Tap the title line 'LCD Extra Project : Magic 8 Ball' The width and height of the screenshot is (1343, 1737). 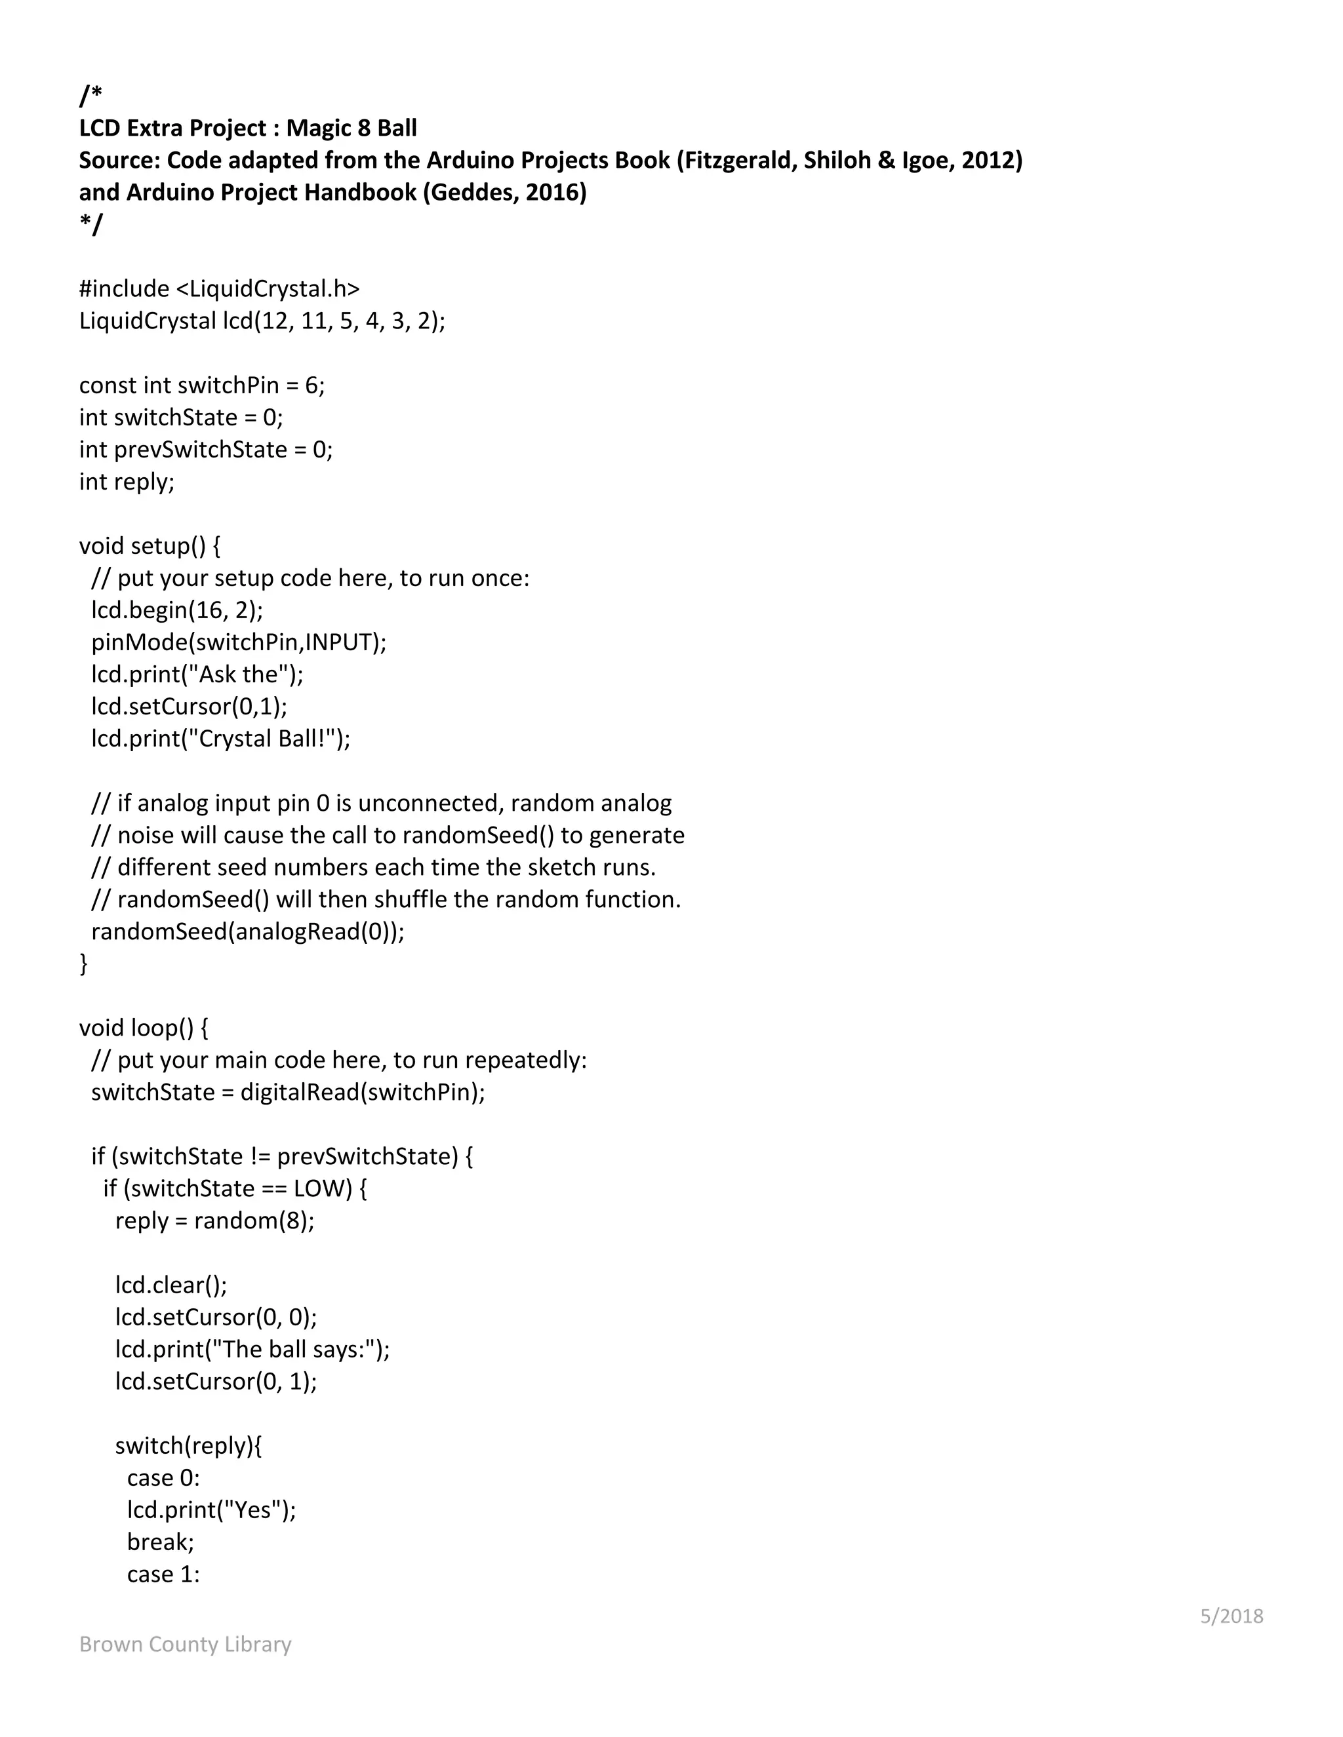tap(247, 128)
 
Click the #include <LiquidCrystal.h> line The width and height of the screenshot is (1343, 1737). tap(219, 288)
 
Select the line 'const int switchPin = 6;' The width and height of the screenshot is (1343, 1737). tap(201, 385)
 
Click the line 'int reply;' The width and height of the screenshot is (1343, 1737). tap(127, 481)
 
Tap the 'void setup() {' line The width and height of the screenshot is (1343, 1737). tap(150, 545)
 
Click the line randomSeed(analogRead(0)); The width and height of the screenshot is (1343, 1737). tap(247, 931)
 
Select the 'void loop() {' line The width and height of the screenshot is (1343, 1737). tap(143, 1028)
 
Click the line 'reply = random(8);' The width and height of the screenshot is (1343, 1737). tap(215, 1220)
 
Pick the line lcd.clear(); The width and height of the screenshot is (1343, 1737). tap(171, 1285)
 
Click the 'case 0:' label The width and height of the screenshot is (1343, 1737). tap(163, 1477)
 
